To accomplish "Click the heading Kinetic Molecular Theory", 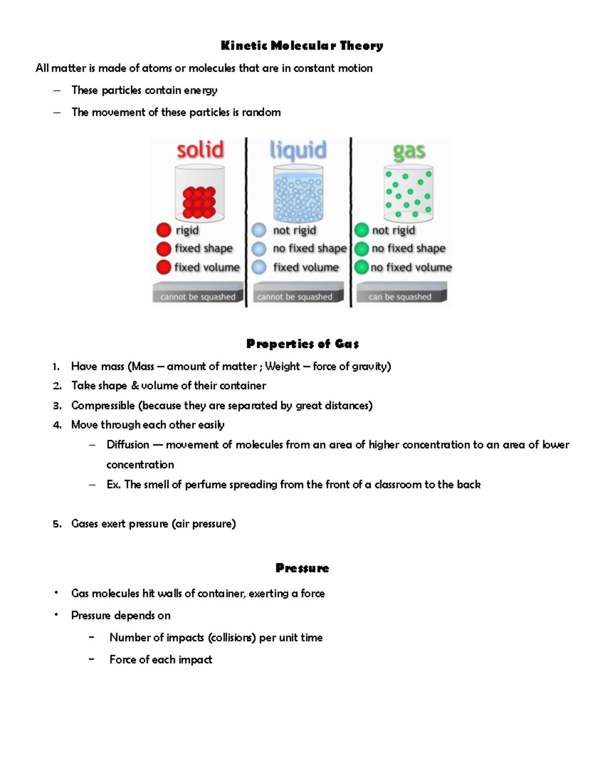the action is [x=302, y=46].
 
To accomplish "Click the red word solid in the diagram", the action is [x=200, y=150].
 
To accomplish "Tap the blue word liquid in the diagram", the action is [x=298, y=150].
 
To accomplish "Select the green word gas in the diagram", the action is [x=409, y=151].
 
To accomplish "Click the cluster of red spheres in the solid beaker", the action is [x=199, y=202].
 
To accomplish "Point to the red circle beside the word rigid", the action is [x=164, y=230].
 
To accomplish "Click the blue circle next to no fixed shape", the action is [x=259, y=249].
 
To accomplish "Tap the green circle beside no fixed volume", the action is [x=361, y=267].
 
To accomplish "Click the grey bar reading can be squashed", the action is [x=400, y=296].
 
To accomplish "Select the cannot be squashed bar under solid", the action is [x=198, y=296].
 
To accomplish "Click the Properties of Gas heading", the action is [x=302, y=344].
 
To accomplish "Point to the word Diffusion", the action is [x=128, y=445].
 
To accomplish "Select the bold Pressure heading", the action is [x=302, y=568].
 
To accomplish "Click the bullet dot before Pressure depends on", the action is [x=56, y=615].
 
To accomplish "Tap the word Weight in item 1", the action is [x=282, y=367].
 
